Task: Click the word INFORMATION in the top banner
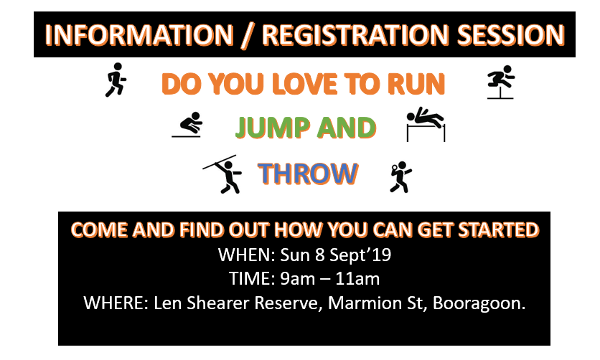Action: (139, 35)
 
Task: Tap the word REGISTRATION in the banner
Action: (355, 35)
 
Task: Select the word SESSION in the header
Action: (511, 35)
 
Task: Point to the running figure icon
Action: (115, 80)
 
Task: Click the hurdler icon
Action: (500, 82)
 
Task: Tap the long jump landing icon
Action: (187, 125)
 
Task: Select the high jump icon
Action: (426, 124)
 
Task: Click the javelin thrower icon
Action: (222, 174)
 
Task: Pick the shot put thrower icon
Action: (400, 176)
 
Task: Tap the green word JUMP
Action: (273, 128)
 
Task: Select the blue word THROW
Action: (308, 174)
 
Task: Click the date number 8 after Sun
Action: (320, 255)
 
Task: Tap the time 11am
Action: (357, 278)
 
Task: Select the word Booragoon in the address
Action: (479, 303)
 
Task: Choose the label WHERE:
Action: (116, 303)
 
